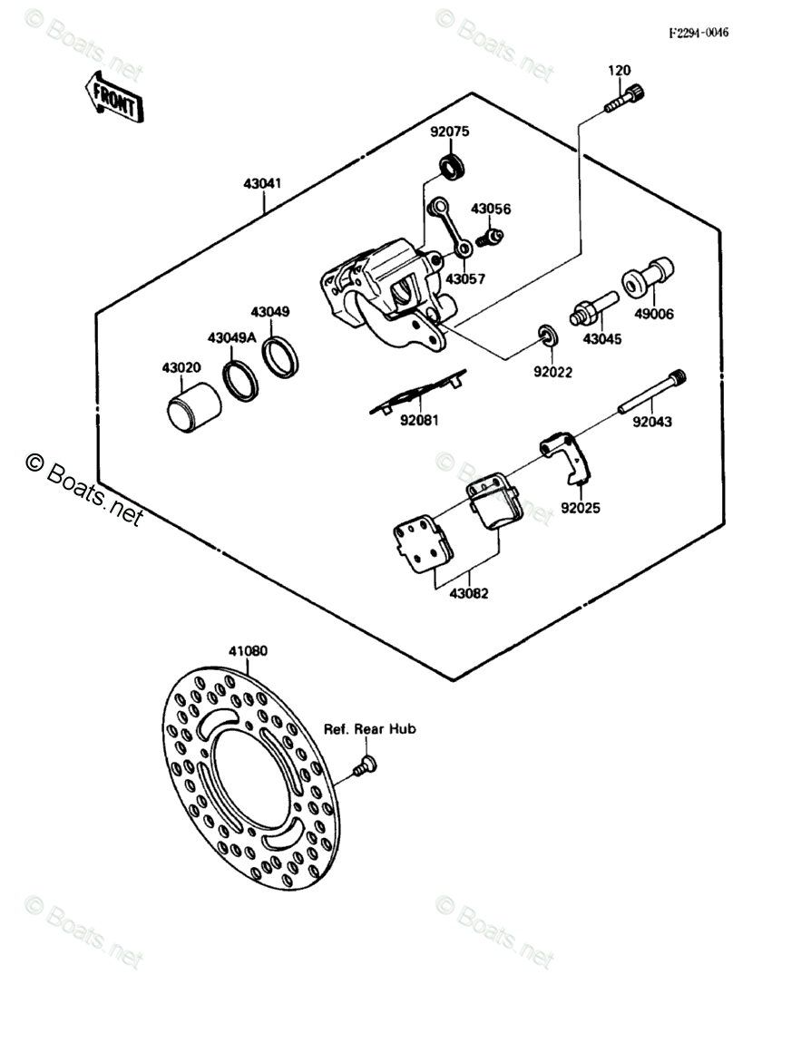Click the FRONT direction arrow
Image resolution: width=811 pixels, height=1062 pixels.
[x=113, y=98]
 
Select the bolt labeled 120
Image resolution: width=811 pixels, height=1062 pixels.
[x=625, y=99]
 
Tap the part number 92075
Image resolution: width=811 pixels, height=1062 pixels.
[x=450, y=132]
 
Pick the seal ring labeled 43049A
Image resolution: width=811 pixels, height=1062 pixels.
[x=241, y=380]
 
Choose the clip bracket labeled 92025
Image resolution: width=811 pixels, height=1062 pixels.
[x=567, y=459]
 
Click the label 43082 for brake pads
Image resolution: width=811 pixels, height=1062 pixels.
[x=469, y=594]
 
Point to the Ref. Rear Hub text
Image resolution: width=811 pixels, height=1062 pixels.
[x=370, y=729]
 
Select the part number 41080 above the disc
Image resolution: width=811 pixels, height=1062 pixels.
[x=248, y=651]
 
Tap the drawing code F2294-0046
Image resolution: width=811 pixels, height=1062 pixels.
[x=699, y=34]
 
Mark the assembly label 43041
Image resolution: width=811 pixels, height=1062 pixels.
[x=262, y=183]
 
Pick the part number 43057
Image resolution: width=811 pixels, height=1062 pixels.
[x=465, y=279]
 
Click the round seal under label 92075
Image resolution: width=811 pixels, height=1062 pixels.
[x=452, y=165]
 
